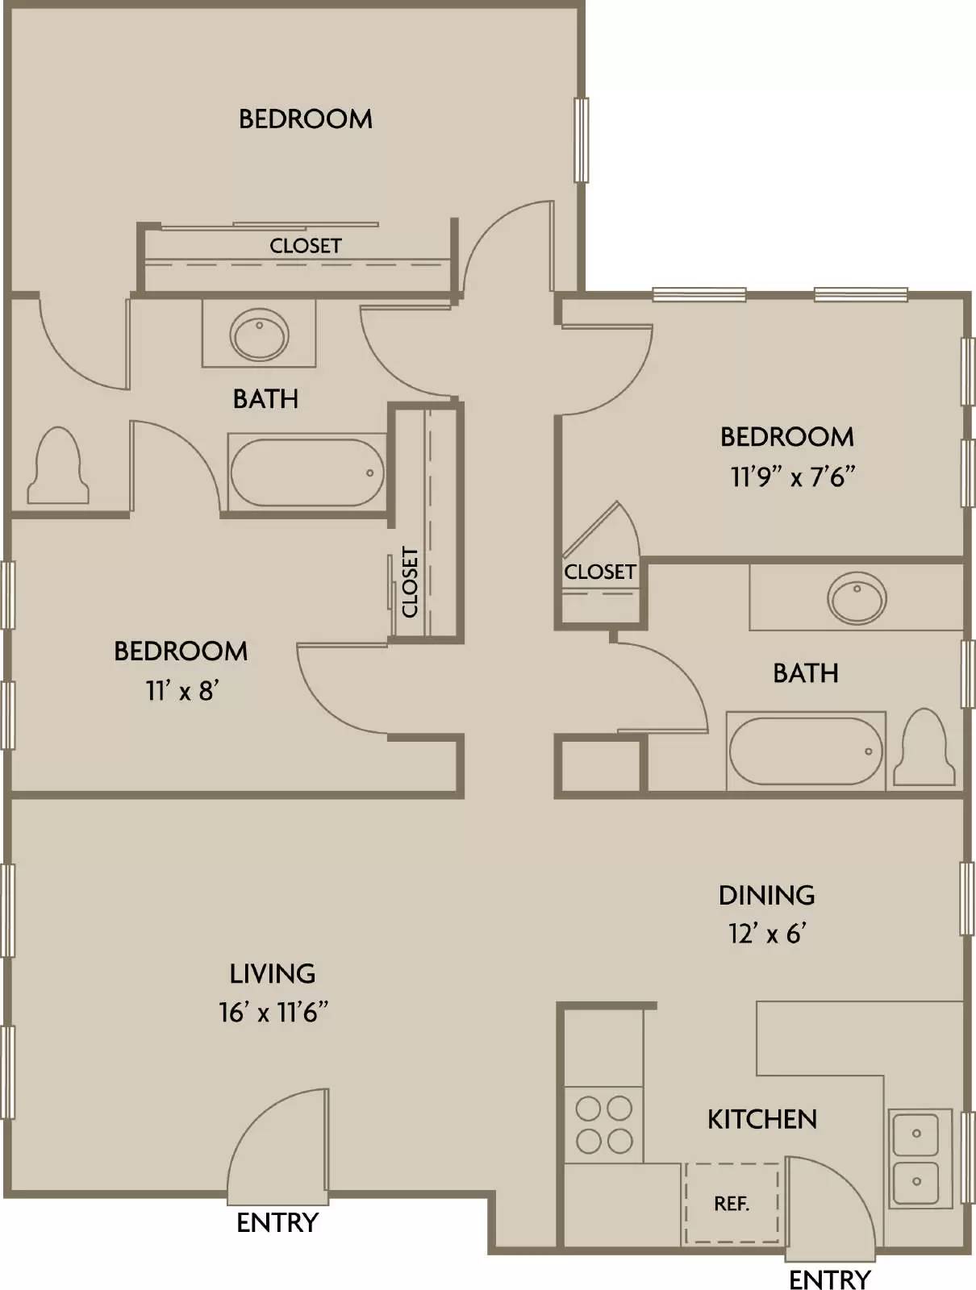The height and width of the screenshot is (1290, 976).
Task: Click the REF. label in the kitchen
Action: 732,1204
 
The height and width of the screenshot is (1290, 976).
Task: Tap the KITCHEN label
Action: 762,1120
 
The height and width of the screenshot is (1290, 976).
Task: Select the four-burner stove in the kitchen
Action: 604,1124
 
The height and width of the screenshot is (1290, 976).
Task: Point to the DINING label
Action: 767,895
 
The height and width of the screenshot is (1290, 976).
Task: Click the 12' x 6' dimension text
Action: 767,934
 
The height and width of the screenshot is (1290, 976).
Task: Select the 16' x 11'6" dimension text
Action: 273,1012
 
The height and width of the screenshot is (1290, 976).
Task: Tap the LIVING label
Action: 272,974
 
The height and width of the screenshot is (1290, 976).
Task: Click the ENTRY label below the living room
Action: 277,1223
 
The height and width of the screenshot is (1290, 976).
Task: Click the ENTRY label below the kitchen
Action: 829,1280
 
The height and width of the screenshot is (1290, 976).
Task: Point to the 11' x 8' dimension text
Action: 182,690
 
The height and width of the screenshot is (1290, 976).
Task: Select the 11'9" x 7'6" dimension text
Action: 791,476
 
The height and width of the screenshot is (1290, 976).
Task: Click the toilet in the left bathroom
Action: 58,465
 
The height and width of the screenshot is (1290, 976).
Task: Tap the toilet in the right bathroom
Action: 924,747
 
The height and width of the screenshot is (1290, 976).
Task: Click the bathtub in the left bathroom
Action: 307,472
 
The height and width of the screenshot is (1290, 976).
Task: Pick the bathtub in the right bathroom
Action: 806,751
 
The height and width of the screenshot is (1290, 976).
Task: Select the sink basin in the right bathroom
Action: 857,598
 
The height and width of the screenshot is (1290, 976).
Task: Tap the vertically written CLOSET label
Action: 410,582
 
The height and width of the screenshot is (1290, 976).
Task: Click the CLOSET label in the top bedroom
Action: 305,246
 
